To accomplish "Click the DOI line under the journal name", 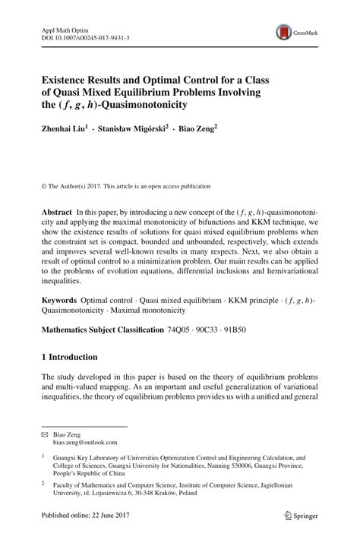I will click(x=85, y=36).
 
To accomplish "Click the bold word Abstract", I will click(x=56, y=216).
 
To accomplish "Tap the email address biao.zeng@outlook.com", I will click(x=85, y=441).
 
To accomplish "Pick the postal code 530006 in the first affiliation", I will click(x=242, y=467).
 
